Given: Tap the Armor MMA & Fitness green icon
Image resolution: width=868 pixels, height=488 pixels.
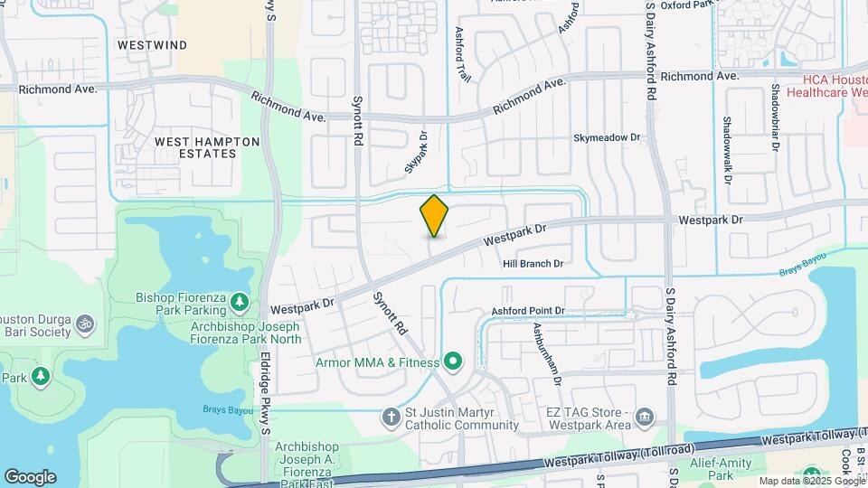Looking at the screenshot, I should click(453, 363).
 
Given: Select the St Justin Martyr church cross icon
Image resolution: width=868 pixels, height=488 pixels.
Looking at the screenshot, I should click(391, 418).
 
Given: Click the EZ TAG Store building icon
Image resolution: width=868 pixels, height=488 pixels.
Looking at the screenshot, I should click(644, 418).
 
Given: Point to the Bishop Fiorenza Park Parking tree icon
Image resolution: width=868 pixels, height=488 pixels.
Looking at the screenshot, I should click(239, 301).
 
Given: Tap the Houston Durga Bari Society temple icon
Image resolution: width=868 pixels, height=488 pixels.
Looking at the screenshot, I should click(85, 322).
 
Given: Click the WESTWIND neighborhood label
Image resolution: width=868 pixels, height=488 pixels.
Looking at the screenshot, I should click(152, 44).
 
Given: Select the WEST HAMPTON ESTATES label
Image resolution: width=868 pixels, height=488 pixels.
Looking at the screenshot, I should click(207, 147).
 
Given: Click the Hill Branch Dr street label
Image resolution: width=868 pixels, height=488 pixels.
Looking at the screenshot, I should click(533, 264).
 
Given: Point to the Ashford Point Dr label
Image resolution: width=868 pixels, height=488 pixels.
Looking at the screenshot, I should click(528, 311).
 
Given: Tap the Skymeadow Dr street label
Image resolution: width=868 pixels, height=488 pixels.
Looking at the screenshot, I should click(607, 138).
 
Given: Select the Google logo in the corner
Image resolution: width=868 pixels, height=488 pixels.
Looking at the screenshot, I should click(30, 476).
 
